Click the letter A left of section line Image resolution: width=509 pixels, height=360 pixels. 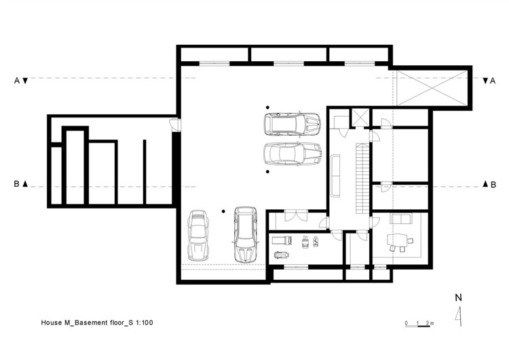17,81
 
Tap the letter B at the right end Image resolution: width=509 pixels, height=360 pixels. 493,185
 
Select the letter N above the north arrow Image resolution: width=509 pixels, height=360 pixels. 458,298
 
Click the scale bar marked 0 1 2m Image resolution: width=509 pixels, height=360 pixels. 419,324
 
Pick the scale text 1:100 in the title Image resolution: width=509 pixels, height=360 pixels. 145,323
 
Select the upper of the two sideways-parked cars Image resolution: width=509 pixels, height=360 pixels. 293,124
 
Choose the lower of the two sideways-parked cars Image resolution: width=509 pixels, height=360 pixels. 293,154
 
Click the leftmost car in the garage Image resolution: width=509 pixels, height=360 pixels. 198,236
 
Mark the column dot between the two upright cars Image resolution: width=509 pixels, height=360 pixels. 223,211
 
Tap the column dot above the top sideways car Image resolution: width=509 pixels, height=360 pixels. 267,107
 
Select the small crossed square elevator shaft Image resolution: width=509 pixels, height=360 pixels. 360,118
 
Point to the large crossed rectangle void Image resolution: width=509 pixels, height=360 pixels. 431,88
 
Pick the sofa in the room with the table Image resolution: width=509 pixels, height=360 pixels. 401,218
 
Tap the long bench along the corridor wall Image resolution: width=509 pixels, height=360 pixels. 335,176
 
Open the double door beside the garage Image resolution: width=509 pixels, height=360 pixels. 296,216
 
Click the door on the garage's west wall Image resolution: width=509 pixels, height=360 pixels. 176,124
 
